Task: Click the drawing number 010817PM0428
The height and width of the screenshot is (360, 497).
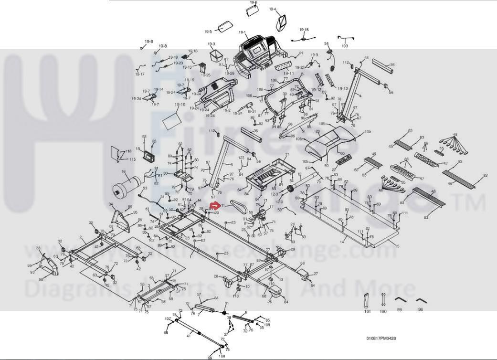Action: (x=381, y=339)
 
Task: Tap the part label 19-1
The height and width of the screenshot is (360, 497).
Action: (x=242, y=33)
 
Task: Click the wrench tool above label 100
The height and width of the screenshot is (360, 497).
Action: (x=382, y=300)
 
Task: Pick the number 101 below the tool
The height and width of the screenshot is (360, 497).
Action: (x=367, y=311)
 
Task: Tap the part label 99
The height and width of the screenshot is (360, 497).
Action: (x=399, y=310)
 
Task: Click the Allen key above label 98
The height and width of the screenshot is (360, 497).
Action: (x=420, y=301)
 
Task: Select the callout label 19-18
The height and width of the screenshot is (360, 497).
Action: (x=304, y=30)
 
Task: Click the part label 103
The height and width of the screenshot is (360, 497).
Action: (x=345, y=46)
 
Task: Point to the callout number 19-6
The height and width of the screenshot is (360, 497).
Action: (x=253, y=2)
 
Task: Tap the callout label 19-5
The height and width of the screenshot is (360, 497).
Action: (x=208, y=32)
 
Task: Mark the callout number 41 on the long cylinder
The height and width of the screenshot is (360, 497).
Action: (x=189, y=336)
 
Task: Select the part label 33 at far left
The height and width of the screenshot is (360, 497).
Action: (x=39, y=248)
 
